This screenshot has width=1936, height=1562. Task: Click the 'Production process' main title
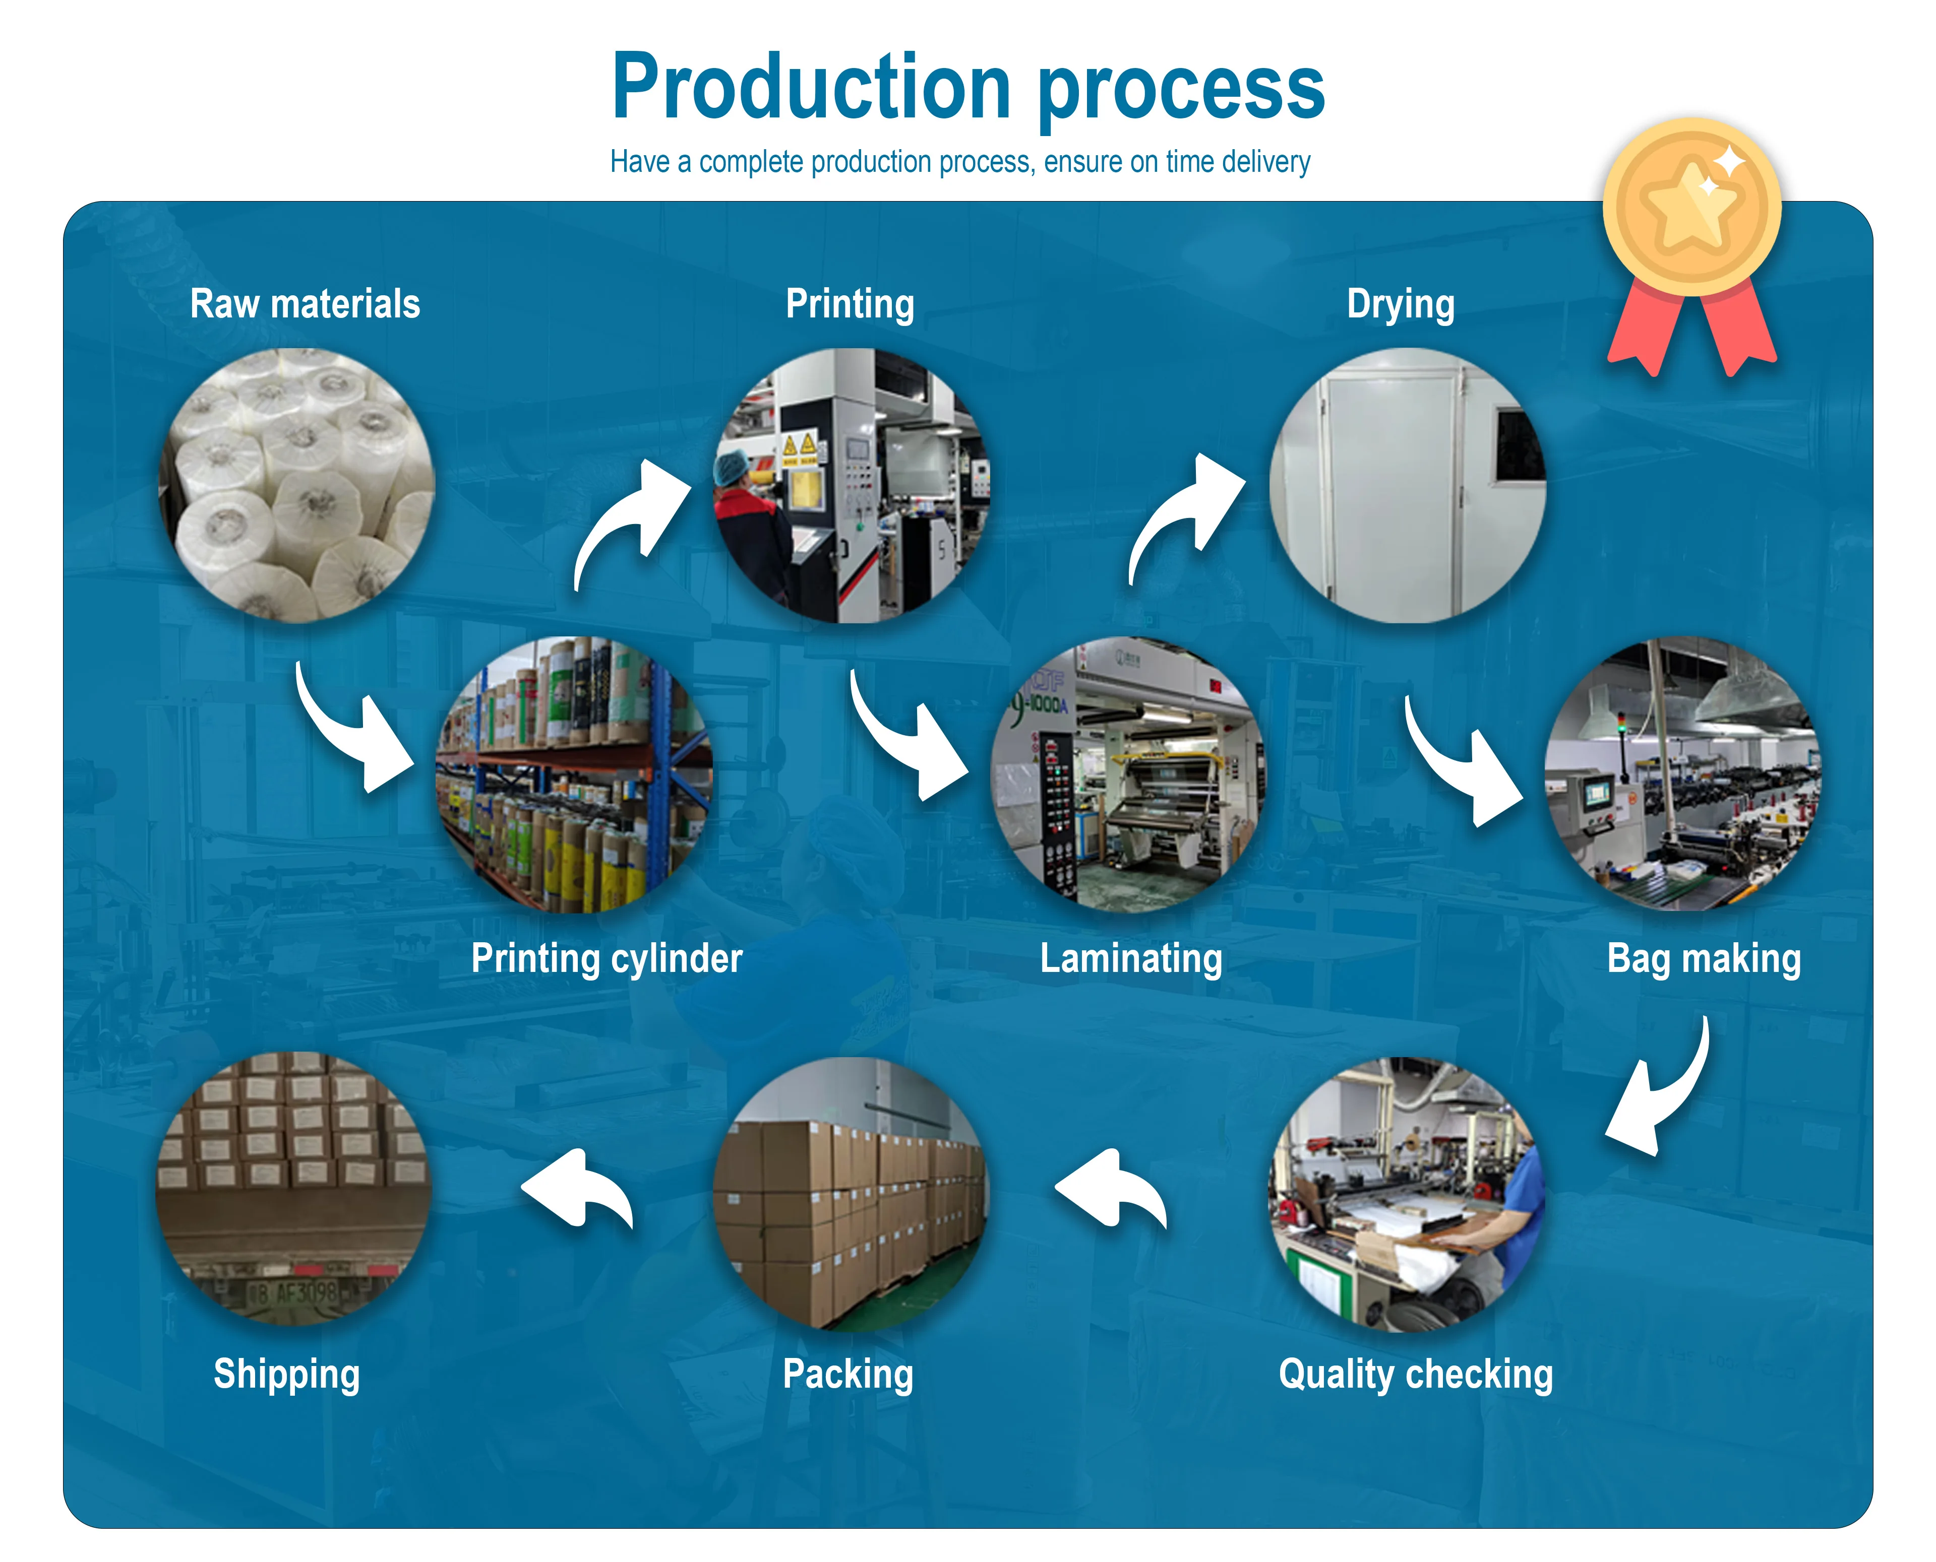click(x=969, y=87)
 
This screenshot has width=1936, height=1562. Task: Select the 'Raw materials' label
click(x=305, y=304)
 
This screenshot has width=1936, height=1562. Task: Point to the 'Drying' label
click(x=1401, y=305)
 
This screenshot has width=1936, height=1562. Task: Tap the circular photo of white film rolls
click(x=297, y=486)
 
